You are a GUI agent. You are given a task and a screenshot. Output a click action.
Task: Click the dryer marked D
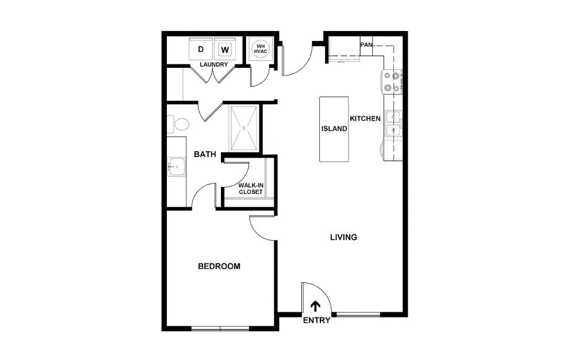click(201, 49)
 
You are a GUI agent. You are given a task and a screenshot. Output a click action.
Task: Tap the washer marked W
click(225, 49)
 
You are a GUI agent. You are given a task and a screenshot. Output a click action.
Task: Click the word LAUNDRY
click(214, 64)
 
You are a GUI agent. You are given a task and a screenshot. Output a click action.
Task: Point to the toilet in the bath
click(179, 124)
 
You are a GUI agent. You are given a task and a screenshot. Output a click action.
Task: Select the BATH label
click(205, 154)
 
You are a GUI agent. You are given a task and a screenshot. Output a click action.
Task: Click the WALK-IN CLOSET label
click(251, 189)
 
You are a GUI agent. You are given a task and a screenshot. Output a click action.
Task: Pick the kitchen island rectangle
click(334, 129)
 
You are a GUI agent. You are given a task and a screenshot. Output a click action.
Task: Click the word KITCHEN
click(365, 118)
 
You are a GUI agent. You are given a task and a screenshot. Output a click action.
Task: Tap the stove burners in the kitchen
click(392, 81)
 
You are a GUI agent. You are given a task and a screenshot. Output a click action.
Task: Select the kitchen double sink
click(393, 124)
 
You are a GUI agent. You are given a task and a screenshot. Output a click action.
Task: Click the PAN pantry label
click(366, 44)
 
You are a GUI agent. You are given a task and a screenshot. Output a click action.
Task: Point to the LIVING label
click(344, 237)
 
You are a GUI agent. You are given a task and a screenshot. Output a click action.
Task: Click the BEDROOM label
click(219, 266)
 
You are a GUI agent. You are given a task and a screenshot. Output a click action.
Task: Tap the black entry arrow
click(316, 306)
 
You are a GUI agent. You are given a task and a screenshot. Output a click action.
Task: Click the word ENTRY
click(316, 320)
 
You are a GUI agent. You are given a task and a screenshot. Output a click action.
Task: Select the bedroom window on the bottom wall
click(220, 328)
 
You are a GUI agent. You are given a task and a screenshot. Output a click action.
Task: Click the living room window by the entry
click(358, 314)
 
